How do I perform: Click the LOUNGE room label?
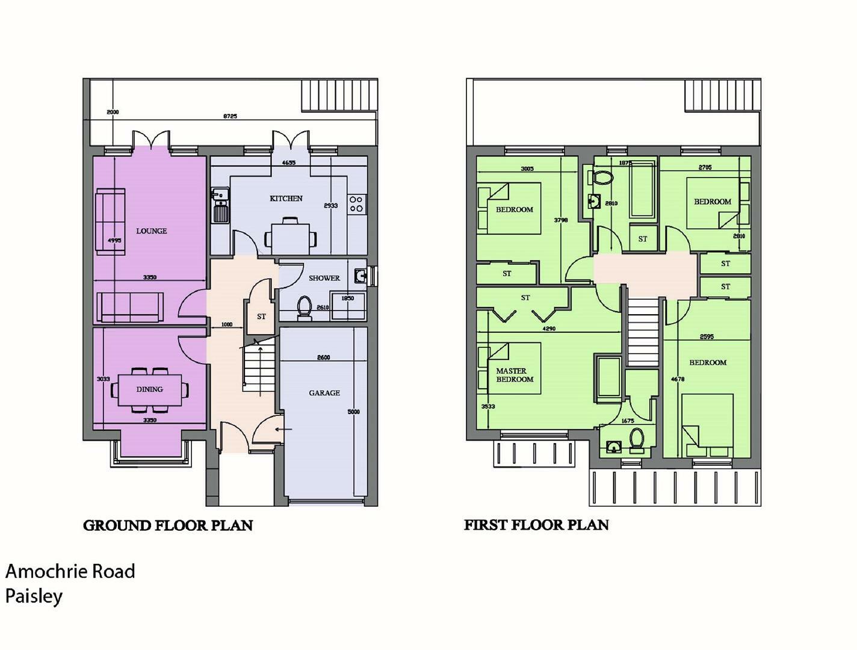coord(151,231)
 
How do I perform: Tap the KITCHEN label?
coord(286,199)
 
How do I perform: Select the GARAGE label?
coord(324,393)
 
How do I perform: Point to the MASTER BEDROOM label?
coord(515,375)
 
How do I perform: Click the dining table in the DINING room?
coord(150,389)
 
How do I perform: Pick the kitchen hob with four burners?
coord(356,204)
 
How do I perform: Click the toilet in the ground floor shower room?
coord(305,307)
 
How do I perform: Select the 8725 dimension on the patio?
coord(230,116)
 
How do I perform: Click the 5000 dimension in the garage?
coord(353,412)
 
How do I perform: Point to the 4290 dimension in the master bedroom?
coord(549,329)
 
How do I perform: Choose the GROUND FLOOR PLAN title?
coord(168,525)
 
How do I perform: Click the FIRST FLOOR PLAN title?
coord(536,525)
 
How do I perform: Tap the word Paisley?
coord(34,596)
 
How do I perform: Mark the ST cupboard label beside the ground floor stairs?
coord(261,317)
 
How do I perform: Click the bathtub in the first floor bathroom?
coord(642,188)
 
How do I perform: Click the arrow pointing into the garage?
coord(283,430)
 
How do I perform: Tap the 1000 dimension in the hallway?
coord(227,325)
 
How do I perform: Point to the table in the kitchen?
coord(291,238)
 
